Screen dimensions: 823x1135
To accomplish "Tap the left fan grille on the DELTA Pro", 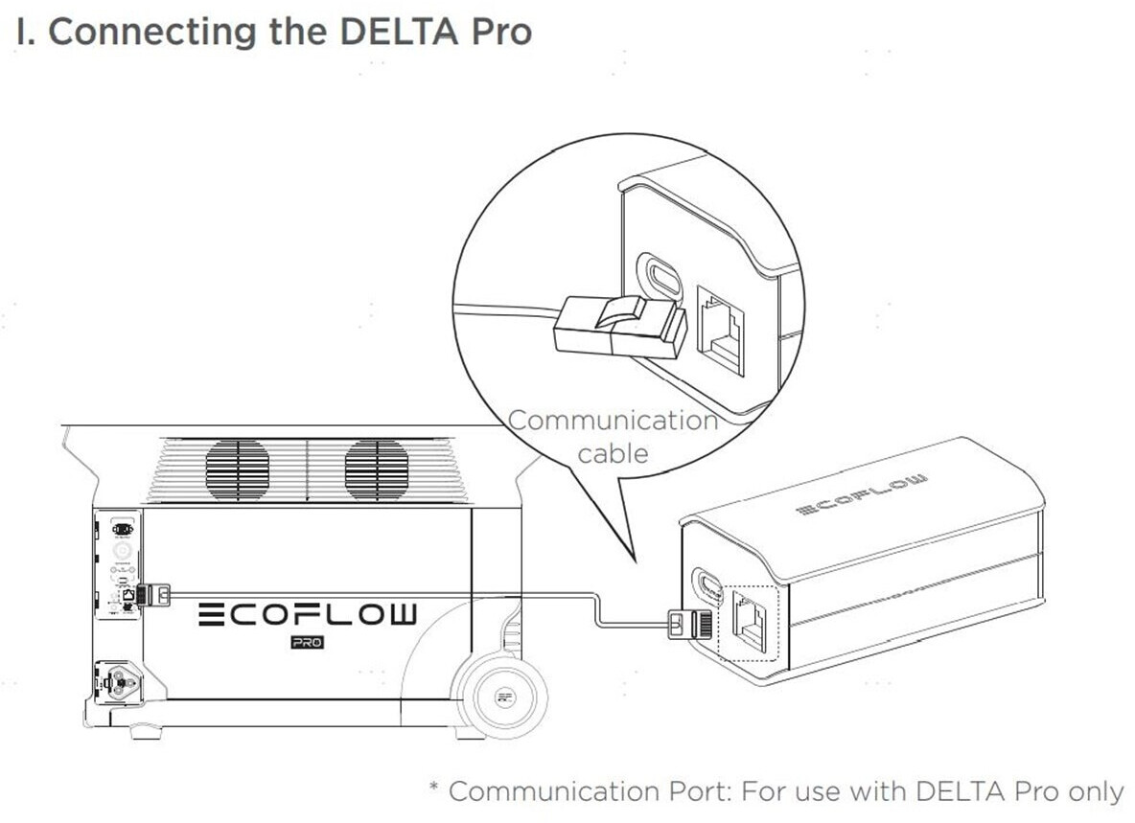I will point(237,470).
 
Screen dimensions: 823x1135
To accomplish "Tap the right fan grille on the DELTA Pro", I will point(377,470).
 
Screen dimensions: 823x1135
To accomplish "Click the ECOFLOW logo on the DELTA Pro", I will point(308,613).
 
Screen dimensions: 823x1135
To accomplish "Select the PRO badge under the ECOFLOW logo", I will point(307,642).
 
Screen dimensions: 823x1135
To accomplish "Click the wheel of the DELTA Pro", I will point(501,697).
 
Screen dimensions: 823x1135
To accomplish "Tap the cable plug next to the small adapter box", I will point(683,622).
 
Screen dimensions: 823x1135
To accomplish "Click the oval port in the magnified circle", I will point(661,277).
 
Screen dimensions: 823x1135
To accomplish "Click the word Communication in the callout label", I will point(613,420).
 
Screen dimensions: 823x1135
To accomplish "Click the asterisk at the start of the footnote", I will point(434,789).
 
